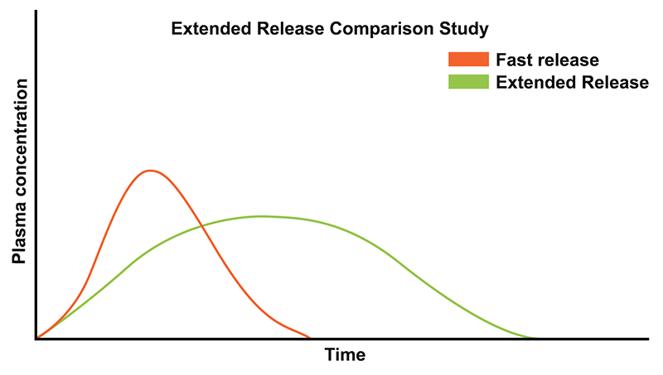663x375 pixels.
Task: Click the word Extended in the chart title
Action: click(206, 28)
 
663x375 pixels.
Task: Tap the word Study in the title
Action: click(465, 28)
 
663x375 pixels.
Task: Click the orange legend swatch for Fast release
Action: click(467, 60)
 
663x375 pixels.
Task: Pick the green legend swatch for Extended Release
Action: click(467, 82)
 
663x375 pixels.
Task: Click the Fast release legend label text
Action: click(547, 60)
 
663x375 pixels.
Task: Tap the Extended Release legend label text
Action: click(572, 82)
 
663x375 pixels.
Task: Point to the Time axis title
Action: click(345, 355)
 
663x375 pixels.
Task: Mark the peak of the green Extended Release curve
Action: click(262, 216)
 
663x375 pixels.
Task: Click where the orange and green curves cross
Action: click(202, 227)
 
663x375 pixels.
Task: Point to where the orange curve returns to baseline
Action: click(309, 338)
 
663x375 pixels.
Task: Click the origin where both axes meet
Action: click(36, 339)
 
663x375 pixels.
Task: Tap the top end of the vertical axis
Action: click(36, 12)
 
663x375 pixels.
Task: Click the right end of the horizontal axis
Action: click(646, 339)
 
